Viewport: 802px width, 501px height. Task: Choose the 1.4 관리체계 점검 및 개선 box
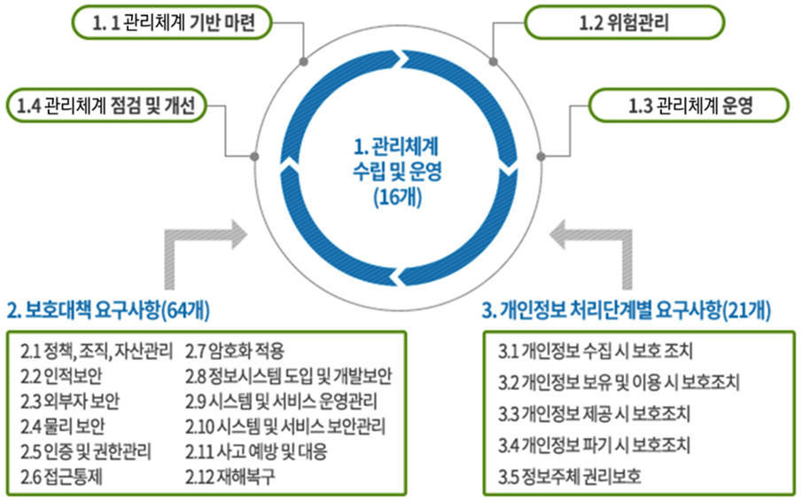click(106, 106)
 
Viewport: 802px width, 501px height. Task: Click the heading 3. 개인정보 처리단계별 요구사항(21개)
click(626, 310)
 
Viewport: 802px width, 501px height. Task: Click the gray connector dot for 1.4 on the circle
click(256, 156)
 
